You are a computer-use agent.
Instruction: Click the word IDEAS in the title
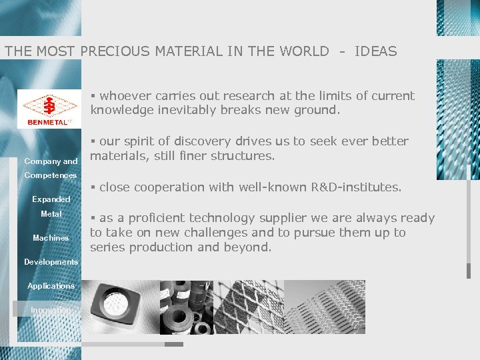[x=375, y=51]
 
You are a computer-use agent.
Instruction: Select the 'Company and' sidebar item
[x=51, y=161]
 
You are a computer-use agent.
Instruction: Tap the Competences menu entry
[x=50, y=175]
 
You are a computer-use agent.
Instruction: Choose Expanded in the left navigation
[x=51, y=199]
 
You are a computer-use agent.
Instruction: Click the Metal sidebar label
[x=51, y=214]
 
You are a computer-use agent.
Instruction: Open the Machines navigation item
[x=51, y=238]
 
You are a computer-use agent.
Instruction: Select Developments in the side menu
[x=51, y=262]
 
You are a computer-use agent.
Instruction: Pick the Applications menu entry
[x=51, y=286]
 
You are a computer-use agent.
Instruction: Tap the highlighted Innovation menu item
[x=51, y=310]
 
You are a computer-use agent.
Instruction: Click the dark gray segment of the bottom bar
[x=173, y=345]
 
